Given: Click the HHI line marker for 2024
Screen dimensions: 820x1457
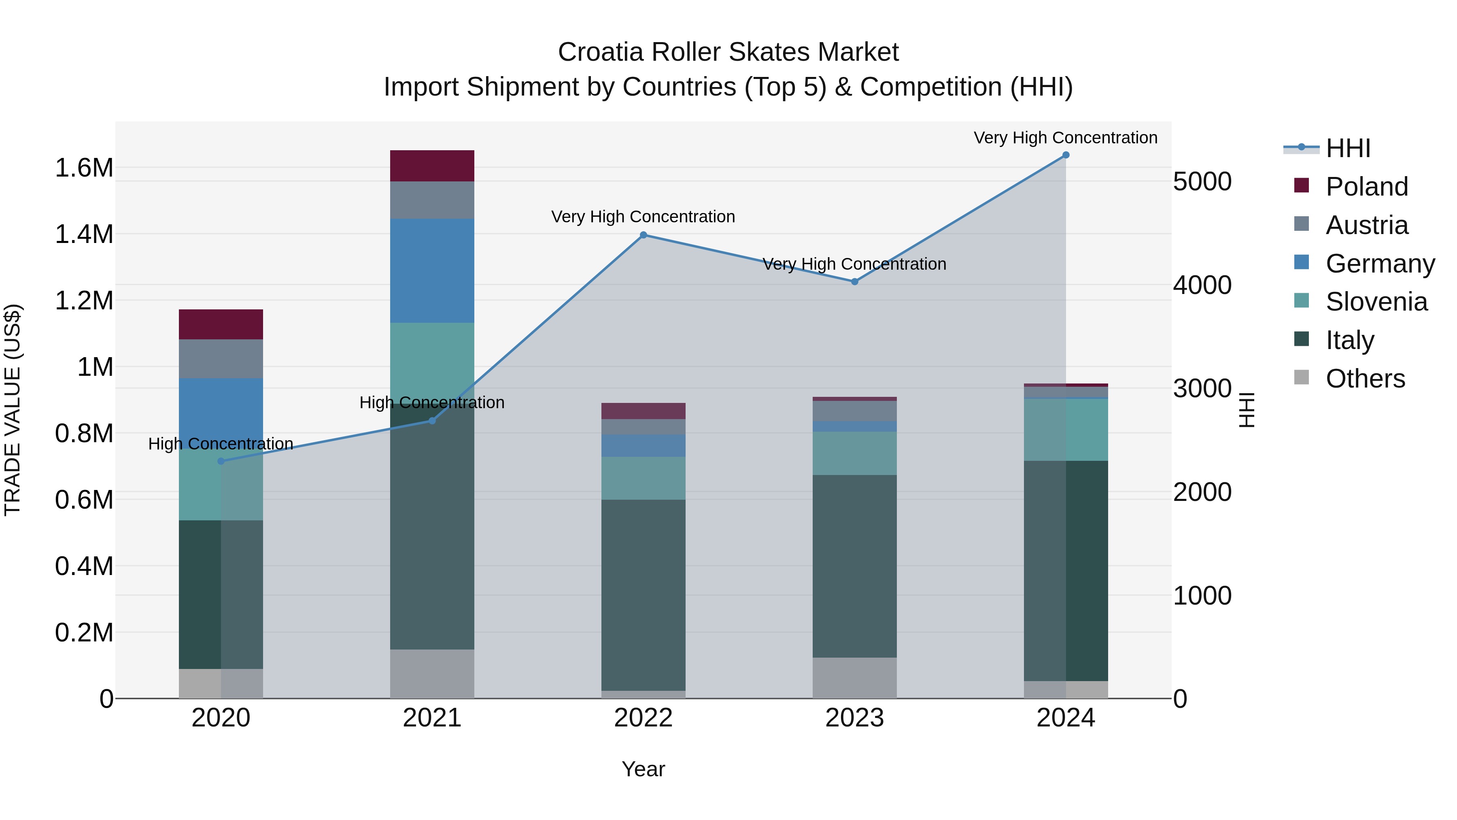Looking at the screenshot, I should [1066, 155].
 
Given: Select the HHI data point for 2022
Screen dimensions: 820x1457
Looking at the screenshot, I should [643, 235].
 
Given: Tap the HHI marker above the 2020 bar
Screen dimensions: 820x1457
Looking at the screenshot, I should [221, 461].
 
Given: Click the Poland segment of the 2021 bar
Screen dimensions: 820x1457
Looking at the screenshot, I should [432, 166].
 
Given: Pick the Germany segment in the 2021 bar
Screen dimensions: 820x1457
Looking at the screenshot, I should [432, 270].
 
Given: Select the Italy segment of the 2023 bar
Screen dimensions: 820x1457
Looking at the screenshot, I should [855, 566].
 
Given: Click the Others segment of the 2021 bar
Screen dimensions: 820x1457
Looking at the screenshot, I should [432, 673].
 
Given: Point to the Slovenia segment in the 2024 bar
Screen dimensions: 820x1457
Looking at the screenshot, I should [1066, 430].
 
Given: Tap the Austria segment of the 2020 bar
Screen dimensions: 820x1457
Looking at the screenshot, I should [221, 359].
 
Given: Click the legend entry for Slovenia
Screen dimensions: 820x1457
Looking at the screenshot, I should [1376, 302].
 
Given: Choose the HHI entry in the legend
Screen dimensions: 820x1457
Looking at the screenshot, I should [1347, 148].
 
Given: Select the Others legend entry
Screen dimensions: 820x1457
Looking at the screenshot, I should [1364, 379].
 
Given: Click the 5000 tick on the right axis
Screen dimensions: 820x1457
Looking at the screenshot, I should [1202, 182].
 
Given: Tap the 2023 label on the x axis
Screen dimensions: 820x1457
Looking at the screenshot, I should [855, 718].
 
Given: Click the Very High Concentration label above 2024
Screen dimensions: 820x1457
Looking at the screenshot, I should [1066, 138].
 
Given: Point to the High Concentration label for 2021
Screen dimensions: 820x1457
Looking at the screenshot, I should [432, 403].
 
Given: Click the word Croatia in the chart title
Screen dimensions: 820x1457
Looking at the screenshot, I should [601, 52].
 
